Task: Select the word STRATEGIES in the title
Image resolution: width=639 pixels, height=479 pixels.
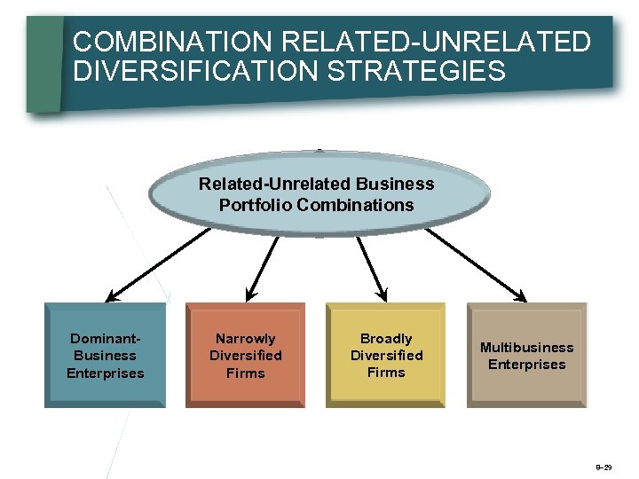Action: tap(417, 71)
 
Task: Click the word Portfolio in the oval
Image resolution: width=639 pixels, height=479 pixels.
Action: tap(256, 205)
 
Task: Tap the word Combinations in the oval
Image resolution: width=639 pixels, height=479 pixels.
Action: tap(356, 205)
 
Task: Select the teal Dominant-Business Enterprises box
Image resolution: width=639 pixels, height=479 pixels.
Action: tap(105, 355)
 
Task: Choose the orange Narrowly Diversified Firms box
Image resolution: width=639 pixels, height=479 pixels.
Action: tap(246, 355)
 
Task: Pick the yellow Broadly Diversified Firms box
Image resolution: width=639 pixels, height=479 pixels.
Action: tap(386, 355)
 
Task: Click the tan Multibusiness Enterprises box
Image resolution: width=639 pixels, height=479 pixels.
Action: tap(526, 355)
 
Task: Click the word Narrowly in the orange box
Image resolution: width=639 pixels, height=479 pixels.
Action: tap(246, 339)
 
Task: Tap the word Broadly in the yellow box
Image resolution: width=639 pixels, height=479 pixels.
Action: tap(386, 339)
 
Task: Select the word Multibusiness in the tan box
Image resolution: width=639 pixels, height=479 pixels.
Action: tap(526, 347)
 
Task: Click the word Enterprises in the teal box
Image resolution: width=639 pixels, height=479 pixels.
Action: tap(105, 373)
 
